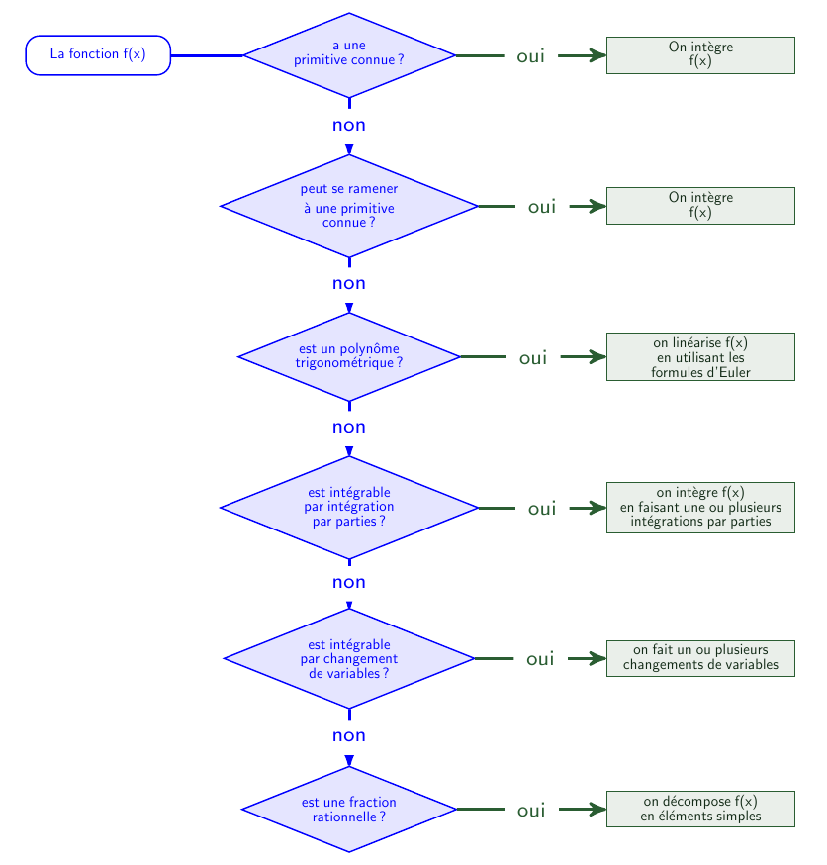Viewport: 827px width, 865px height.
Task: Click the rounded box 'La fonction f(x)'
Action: [98, 55]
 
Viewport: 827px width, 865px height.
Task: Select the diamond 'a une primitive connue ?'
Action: [349, 55]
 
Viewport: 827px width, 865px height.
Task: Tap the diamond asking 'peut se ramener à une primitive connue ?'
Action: [349, 206]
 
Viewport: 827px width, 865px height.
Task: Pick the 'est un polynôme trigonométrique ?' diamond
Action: [349, 357]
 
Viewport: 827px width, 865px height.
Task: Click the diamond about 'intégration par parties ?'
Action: [349, 508]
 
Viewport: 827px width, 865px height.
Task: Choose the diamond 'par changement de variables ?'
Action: [349, 658]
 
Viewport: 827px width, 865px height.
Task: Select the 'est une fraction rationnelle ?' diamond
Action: [349, 810]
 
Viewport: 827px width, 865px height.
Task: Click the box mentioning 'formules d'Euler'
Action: [700, 357]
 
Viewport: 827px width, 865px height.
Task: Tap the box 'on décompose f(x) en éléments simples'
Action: [700, 810]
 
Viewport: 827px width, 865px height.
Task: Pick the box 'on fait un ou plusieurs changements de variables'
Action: [700, 658]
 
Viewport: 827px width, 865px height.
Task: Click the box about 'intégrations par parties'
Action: [700, 508]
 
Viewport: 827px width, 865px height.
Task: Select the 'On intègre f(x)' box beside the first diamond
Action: [700, 55]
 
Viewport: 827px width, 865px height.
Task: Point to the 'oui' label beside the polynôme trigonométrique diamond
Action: [533, 358]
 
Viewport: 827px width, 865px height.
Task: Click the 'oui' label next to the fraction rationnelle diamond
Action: [531, 811]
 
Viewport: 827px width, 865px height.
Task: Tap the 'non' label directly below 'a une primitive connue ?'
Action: [349, 126]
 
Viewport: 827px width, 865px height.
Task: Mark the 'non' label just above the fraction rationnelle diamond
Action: [349, 736]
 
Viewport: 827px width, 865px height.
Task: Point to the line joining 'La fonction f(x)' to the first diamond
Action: [207, 55]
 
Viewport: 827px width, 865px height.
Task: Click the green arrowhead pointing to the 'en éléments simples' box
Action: [597, 810]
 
